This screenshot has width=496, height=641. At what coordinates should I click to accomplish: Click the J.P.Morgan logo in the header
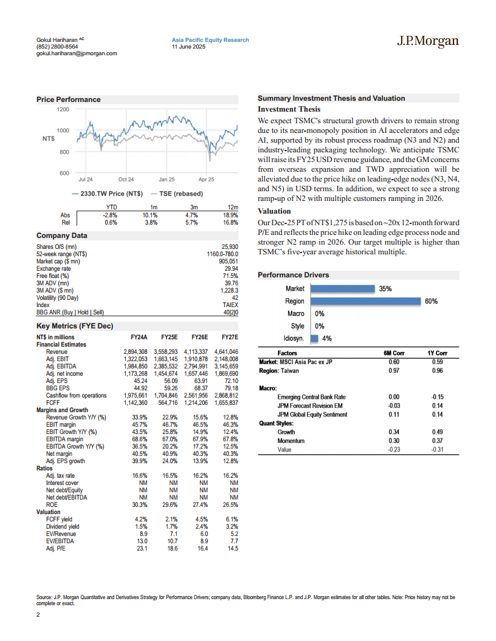tap(428, 41)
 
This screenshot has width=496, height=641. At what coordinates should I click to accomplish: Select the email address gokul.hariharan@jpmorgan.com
tap(77, 53)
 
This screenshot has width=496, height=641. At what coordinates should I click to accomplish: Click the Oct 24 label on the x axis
tap(126, 180)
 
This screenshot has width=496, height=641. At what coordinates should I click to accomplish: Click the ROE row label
tap(53, 504)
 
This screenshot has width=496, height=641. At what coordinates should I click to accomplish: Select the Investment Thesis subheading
tap(289, 109)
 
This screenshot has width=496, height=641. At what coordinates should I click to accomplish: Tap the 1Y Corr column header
tap(436, 353)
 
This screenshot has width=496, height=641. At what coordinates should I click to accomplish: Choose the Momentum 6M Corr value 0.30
tap(393, 441)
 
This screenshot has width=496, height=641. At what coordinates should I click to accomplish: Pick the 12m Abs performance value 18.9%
tap(230, 214)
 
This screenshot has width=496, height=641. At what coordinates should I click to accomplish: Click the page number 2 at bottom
tap(38, 616)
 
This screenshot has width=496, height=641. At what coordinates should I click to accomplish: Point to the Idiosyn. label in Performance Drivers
tap(294, 339)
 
